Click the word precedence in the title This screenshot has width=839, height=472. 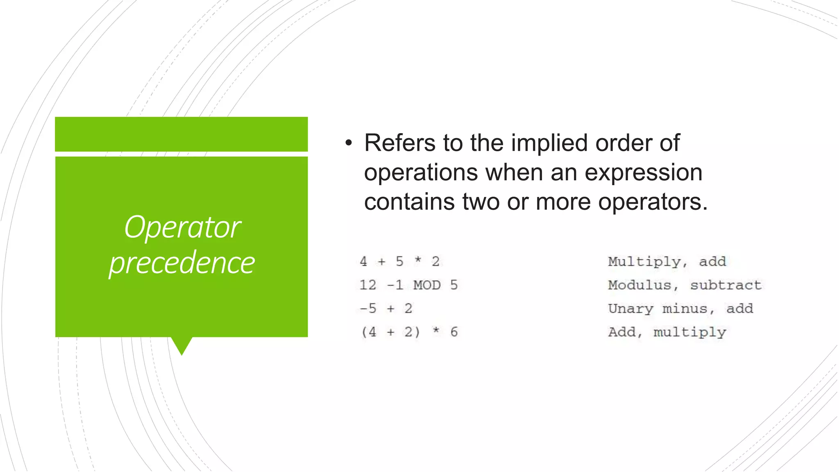(x=182, y=263)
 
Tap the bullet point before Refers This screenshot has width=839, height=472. (x=349, y=143)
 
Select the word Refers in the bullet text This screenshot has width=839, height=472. (x=400, y=143)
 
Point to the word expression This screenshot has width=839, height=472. (x=643, y=172)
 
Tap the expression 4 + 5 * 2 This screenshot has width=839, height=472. (x=399, y=261)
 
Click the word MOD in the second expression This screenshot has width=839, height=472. (x=427, y=285)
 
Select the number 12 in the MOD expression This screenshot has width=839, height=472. (x=367, y=285)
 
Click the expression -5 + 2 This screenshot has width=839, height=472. (x=386, y=308)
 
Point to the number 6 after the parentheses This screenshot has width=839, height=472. (x=454, y=332)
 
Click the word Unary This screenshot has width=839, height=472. (x=630, y=308)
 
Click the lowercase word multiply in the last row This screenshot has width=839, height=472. (x=689, y=332)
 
